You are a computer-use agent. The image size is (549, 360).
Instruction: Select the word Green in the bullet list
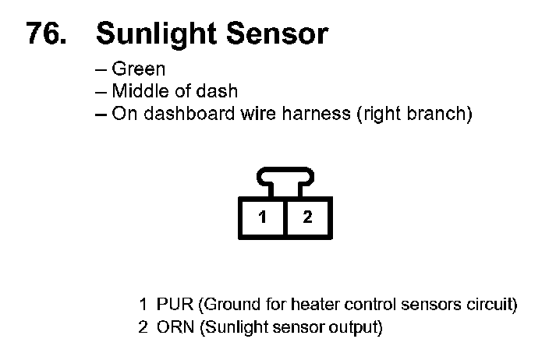pyautogui.click(x=139, y=69)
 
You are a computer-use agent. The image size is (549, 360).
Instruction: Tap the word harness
pyautogui.click(x=321, y=114)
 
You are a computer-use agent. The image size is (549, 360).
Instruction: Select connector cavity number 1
pyautogui.click(x=263, y=217)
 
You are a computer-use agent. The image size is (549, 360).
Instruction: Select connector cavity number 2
pyautogui.click(x=308, y=217)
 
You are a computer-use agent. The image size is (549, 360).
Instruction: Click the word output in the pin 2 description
pyautogui.click(x=356, y=326)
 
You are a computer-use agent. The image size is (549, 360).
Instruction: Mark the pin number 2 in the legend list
pyautogui.click(x=143, y=326)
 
